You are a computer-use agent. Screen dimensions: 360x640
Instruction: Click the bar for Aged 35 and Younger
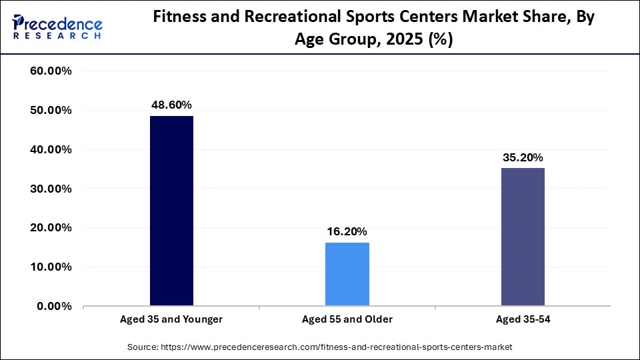171,211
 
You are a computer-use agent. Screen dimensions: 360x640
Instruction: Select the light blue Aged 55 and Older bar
347,274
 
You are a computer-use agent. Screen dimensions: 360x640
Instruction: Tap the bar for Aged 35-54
523,237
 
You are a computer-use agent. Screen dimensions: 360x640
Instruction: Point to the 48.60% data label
171,105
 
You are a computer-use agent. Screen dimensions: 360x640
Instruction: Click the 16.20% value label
347,231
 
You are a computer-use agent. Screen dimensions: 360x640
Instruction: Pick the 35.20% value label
523,157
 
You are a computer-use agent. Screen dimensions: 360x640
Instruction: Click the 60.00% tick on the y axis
51,71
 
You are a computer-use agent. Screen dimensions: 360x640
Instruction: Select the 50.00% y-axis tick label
51,111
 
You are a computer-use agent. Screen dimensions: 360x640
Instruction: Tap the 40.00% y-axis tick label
51,150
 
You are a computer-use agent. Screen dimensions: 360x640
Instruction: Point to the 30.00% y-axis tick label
51,189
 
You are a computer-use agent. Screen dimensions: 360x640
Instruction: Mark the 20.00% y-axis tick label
51,228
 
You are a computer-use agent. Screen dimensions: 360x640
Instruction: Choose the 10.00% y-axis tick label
51,267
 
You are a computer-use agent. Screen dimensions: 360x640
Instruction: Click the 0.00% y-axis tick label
55,307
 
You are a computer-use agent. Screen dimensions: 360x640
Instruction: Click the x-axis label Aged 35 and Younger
171,319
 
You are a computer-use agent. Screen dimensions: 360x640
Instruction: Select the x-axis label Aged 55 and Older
347,319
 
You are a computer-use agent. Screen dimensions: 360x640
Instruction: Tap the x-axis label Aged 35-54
523,319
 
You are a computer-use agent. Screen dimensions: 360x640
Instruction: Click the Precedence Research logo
57,27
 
